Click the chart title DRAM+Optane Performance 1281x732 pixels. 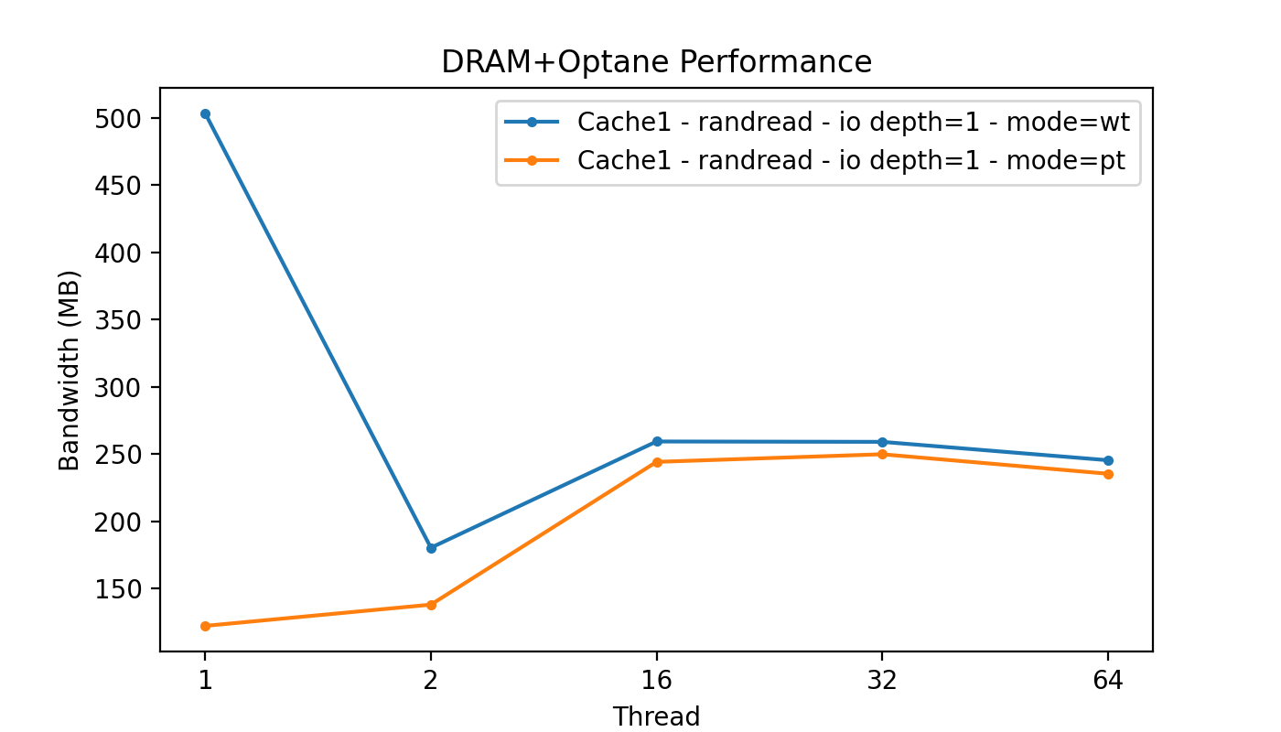[x=656, y=62]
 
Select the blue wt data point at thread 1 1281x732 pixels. [x=205, y=114]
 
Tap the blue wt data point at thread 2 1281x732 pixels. [x=431, y=548]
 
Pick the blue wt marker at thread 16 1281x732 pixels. [x=657, y=441]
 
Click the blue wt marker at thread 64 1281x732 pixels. [x=1108, y=460]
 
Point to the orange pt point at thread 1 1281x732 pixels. [x=205, y=626]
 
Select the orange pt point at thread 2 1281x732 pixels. [x=431, y=605]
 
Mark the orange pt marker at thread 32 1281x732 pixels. [x=882, y=454]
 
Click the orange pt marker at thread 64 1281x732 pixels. [x=1108, y=474]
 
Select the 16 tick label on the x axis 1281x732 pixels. [x=657, y=679]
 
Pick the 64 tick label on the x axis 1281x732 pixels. [x=1108, y=679]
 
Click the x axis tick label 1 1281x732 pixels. [x=205, y=679]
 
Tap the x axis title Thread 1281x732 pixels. [x=656, y=716]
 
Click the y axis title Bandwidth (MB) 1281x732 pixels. [x=70, y=370]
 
